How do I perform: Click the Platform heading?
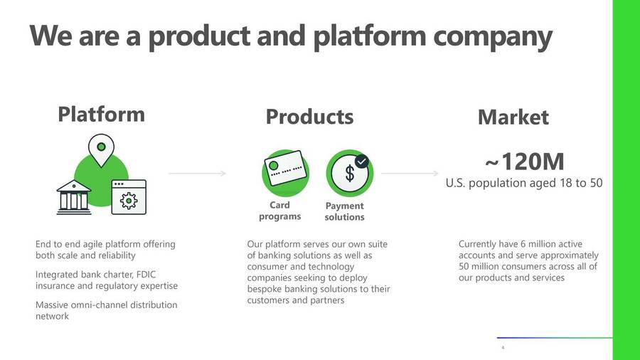click(101, 114)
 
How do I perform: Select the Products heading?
click(309, 117)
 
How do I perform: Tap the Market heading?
click(513, 117)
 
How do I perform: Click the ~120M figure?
click(525, 162)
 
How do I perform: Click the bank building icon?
click(74, 197)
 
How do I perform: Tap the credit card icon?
click(285, 168)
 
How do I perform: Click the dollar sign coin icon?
click(349, 174)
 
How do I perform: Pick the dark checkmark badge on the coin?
click(362, 162)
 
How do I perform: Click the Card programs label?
click(280, 211)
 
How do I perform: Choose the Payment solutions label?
click(344, 211)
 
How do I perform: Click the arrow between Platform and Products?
click(198, 174)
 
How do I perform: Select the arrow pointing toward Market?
click(410, 174)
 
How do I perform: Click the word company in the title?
click(493, 36)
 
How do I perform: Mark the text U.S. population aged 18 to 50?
click(524, 183)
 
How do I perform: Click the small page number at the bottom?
click(503, 348)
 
